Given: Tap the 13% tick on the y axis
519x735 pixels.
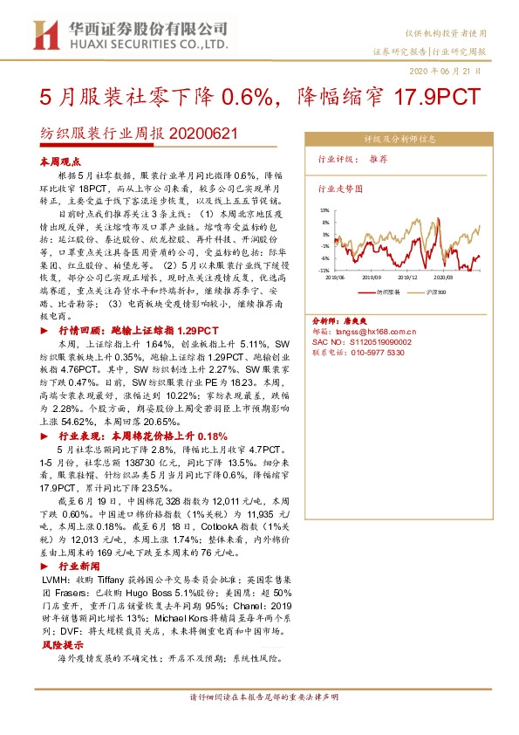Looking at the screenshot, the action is coord(324,210).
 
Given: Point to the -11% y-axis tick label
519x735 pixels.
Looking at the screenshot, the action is coord(323,271).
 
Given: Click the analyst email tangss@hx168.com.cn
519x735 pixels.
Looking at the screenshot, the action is coord(376,332).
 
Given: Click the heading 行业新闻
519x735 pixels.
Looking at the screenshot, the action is coord(78,566).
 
